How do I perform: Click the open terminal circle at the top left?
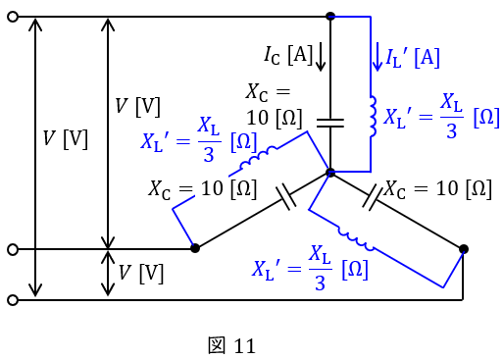click(13, 17)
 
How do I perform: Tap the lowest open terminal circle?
click(13, 300)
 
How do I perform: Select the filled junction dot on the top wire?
click(330, 16)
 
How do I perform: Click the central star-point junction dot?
click(330, 173)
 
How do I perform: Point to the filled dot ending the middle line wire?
click(195, 248)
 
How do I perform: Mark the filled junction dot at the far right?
click(463, 249)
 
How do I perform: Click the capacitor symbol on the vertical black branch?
click(330, 123)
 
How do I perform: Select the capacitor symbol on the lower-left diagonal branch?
click(286, 197)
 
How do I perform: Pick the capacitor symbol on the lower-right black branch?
click(373, 197)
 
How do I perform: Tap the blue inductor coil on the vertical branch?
click(373, 116)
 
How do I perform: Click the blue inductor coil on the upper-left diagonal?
click(258, 157)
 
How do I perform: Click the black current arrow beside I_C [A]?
click(321, 57)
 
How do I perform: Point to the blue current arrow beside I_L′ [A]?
click(377, 57)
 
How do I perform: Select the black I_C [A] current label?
click(288, 55)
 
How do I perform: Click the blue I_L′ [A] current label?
click(413, 58)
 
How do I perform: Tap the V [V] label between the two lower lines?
click(141, 273)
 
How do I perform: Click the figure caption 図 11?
click(231, 345)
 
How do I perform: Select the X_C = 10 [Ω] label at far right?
click(438, 189)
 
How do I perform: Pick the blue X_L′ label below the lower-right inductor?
click(310, 268)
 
